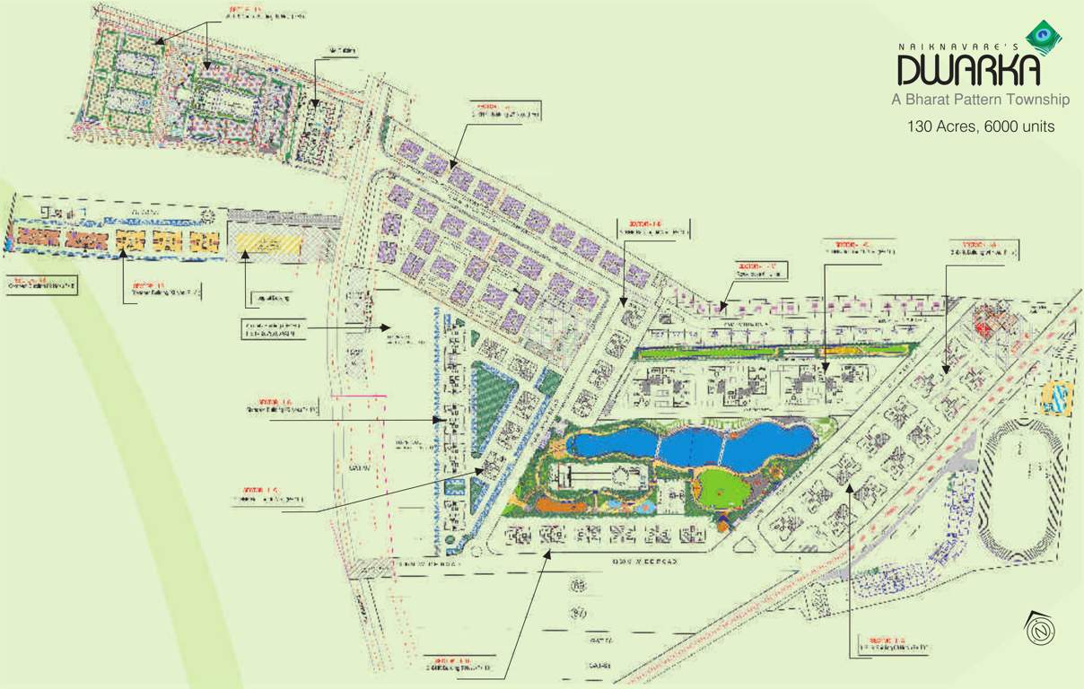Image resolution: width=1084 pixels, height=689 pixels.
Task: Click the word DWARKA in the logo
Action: tap(969, 69)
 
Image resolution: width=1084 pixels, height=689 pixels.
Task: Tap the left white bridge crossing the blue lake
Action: tap(660, 446)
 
